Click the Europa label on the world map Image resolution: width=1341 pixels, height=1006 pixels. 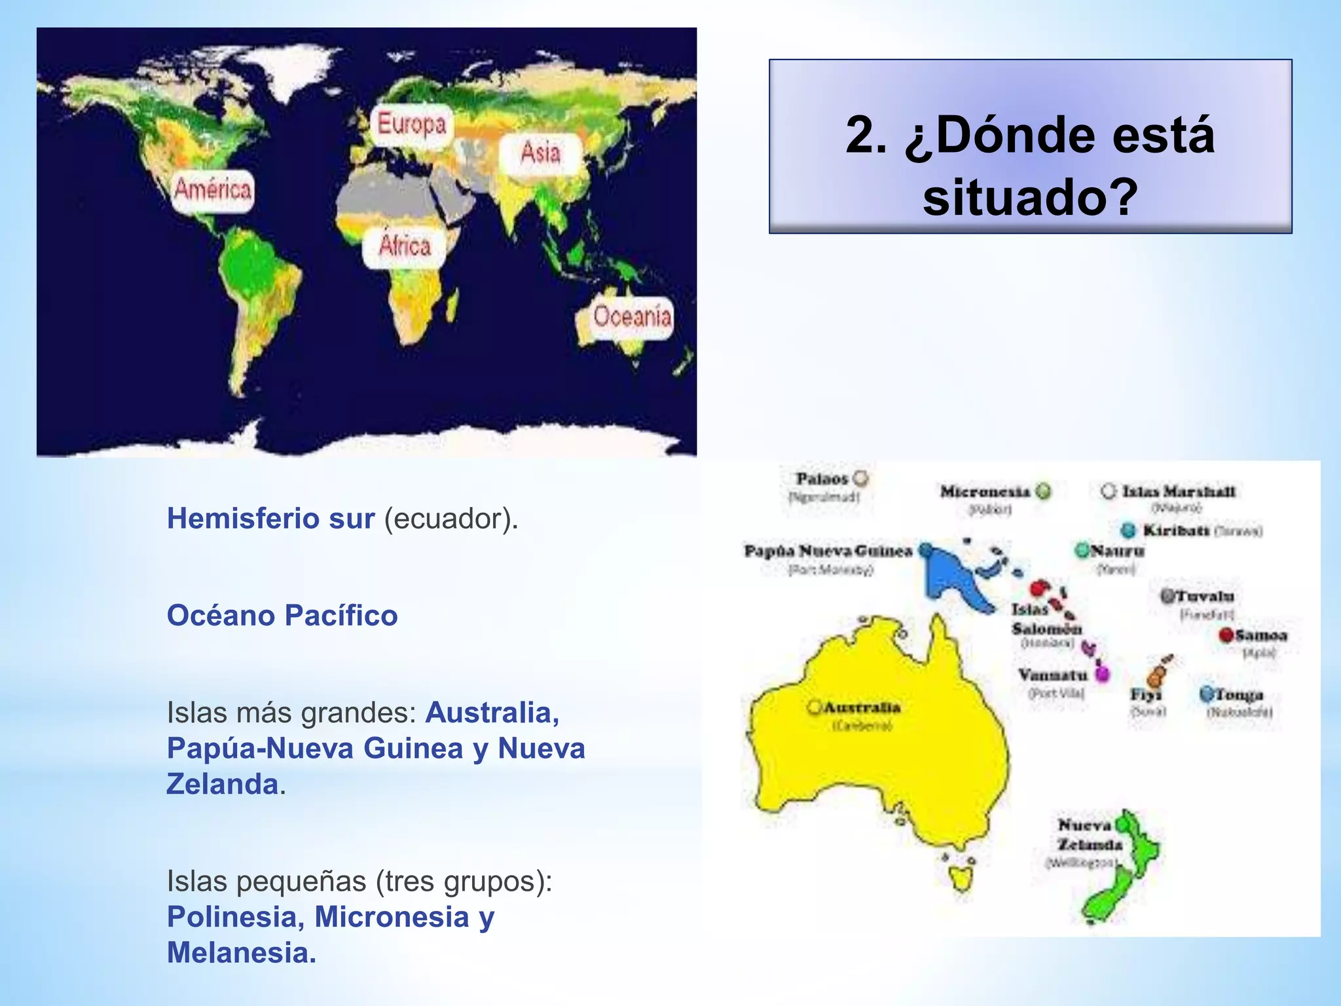pos(411,124)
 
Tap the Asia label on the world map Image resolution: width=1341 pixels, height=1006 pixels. pos(540,153)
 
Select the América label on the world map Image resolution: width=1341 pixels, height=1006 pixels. pos(213,190)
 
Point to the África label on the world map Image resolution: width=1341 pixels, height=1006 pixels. pos(405,246)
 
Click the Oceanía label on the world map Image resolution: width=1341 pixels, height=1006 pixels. pos(632,317)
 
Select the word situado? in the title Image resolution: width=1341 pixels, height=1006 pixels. pos(1030,197)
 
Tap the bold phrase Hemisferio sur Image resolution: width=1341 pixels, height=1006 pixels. pos(270,519)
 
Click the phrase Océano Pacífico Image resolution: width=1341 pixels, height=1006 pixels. pos(282,616)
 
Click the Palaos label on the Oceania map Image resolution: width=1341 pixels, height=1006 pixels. pos(822,479)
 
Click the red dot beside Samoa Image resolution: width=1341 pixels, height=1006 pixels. pos(1226,635)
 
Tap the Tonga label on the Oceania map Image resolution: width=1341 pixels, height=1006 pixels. pos(1239,694)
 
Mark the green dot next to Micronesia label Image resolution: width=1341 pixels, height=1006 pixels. pos(1044,491)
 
